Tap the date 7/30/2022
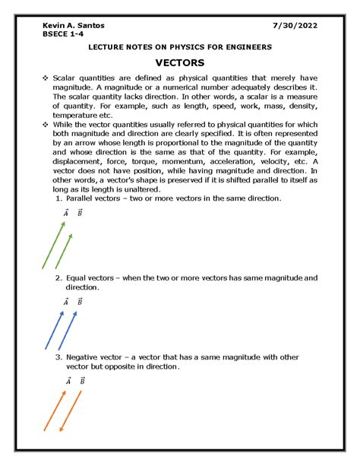click(295, 25)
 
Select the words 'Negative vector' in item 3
click(98, 357)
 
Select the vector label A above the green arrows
click(66, 214)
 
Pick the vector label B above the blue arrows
click(80, 302)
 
